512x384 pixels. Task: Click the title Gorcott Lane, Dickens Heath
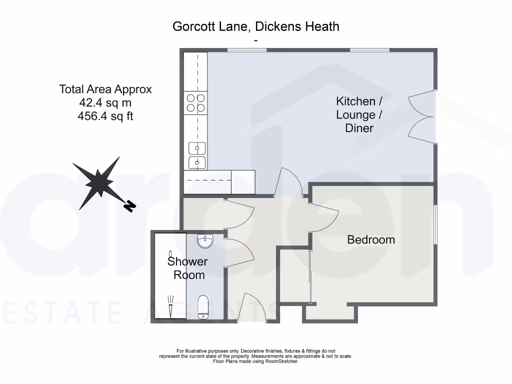coord(255,26)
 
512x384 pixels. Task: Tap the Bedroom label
coord(371,240)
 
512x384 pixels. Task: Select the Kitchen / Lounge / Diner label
coord(359,115)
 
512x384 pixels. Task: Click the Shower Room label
coord(187,268)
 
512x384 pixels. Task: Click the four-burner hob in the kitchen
coord(195,102)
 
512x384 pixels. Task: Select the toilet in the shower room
coord(203,306)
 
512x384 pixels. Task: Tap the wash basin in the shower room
coord(205,241)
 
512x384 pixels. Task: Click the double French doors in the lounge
coord(421,117)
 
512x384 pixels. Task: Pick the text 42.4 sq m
coord(105,103)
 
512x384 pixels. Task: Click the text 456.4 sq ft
coord(105,116)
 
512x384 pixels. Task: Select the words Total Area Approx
coord(105,89)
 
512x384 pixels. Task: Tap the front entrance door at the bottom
coord(252,307)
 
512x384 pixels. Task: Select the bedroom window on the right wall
coord(435,224)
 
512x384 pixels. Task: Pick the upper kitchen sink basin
coord(196,148)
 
